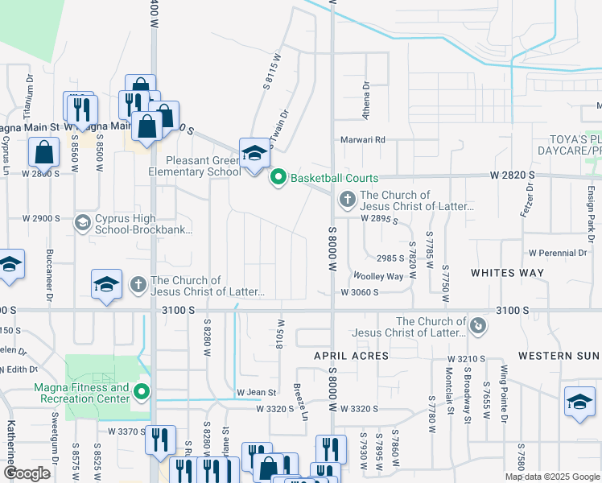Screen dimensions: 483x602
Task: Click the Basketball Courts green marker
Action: click(x=278, y=176)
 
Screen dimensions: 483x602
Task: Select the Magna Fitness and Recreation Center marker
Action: click(x=142, y=393)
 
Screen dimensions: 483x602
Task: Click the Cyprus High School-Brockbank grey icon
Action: click(x=81, y=223)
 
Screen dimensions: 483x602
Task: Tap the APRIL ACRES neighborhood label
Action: click(x=351, y=355)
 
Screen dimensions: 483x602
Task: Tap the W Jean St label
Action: click(x=256, y=393)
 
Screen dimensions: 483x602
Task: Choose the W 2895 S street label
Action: click(x=380, y=218)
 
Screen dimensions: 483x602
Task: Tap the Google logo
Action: click(x=27, y=473)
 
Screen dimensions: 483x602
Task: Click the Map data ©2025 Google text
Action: click(x=552, y=477)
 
